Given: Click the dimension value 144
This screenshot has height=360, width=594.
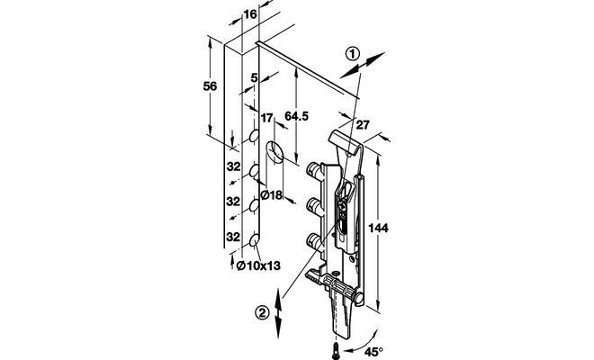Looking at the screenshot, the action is point(378,228).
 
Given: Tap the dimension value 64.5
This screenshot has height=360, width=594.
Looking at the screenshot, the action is point(297,116).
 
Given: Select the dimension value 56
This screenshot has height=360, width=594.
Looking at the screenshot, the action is point(210,86).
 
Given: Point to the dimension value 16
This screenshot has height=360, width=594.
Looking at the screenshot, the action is point(250,14).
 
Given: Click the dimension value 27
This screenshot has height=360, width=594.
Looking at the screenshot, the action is point(363,125).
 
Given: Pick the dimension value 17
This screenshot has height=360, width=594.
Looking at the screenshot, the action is point(266,118).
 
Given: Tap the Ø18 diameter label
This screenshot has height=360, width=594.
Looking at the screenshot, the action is point(272,195).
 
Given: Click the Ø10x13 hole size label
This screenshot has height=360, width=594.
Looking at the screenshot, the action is point(258,265).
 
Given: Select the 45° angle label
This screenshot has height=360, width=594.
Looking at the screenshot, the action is point(373,352).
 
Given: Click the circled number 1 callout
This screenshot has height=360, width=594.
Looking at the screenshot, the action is point(353,54).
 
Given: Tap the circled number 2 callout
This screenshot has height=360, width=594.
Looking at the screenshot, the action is point(262,313).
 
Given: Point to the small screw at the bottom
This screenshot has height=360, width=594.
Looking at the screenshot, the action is point(336,350).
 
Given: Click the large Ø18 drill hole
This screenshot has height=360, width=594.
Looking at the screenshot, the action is point(274,152).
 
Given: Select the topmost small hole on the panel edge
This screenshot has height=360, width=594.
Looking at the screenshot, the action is point(254,136).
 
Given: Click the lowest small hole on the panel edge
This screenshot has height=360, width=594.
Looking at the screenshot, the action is point(254,240).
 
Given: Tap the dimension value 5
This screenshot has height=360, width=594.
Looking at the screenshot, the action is point(254,78).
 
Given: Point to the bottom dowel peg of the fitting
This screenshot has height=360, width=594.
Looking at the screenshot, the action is point(314,241).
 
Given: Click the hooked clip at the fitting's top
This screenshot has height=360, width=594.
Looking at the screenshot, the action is point(344,143).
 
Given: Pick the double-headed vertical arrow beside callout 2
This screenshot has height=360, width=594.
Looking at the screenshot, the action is point(278,313).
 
